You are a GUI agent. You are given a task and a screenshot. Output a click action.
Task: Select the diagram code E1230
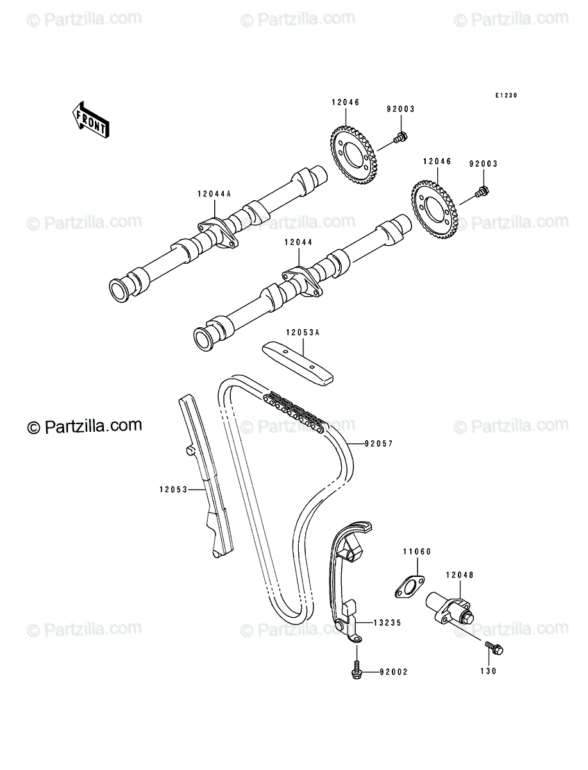point(506,96)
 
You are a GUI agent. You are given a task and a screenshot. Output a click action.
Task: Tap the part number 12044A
point(214,194)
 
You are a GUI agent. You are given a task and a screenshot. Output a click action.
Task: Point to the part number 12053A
point(303,332)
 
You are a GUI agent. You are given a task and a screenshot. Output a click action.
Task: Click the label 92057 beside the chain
point(379,444)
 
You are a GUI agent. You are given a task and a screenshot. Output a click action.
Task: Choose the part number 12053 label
point(174,490)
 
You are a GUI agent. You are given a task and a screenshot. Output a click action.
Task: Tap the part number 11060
point(417,552)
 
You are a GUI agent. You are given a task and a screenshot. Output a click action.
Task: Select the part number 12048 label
point(460,575)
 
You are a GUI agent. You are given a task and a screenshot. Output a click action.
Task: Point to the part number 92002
point(394,672)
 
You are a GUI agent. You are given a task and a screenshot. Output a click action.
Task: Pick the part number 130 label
point(489,671)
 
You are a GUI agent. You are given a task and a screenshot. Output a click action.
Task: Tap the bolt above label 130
point(494,649)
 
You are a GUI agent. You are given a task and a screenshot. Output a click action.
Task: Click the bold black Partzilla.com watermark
point(85,426)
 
